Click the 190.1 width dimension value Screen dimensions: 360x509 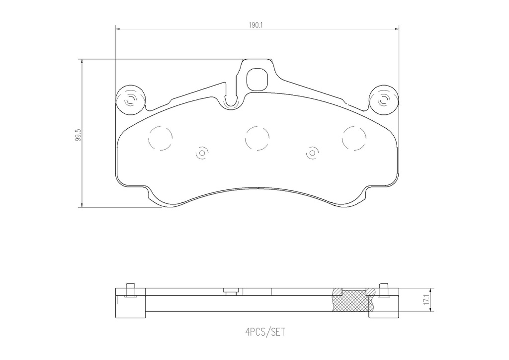(x=256, y=23)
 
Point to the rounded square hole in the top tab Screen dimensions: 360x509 (x=257, y=78)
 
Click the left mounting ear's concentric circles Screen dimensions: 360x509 (x=131, y=101)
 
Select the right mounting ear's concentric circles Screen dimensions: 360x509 (x=383, y=101)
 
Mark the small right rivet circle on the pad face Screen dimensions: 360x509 (x=312, y=154)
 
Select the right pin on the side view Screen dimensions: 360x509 (x=383, y=289)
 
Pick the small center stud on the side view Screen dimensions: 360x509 (x=230, y=291)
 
